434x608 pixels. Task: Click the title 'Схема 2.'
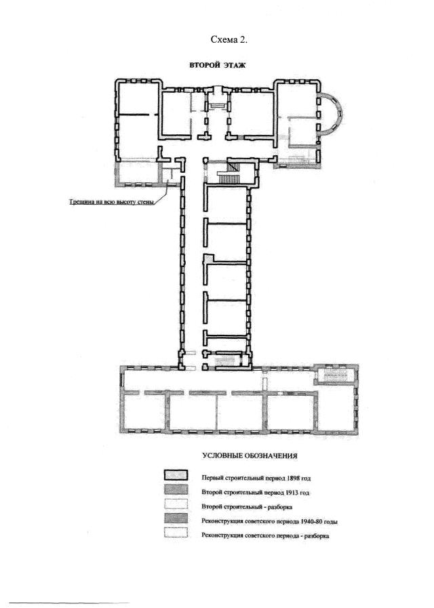click(x=229, y=39)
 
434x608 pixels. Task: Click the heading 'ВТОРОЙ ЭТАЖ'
click(x=217, y=65)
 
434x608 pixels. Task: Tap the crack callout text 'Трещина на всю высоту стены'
click(x=112, y=202)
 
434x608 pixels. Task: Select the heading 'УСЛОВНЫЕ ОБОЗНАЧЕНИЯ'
click(x=250, y=456)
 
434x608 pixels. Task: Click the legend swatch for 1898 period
click(x=176, y=475)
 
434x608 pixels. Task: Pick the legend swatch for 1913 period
click(x=176, y=490)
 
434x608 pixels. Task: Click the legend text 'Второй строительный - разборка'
click(x=247, y=507)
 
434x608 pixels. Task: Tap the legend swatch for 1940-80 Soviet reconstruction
click(x=176, y=519)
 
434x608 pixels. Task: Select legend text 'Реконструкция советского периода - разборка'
click(x=265, y=536)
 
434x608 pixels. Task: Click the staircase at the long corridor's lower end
click(x=227, y=360)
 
